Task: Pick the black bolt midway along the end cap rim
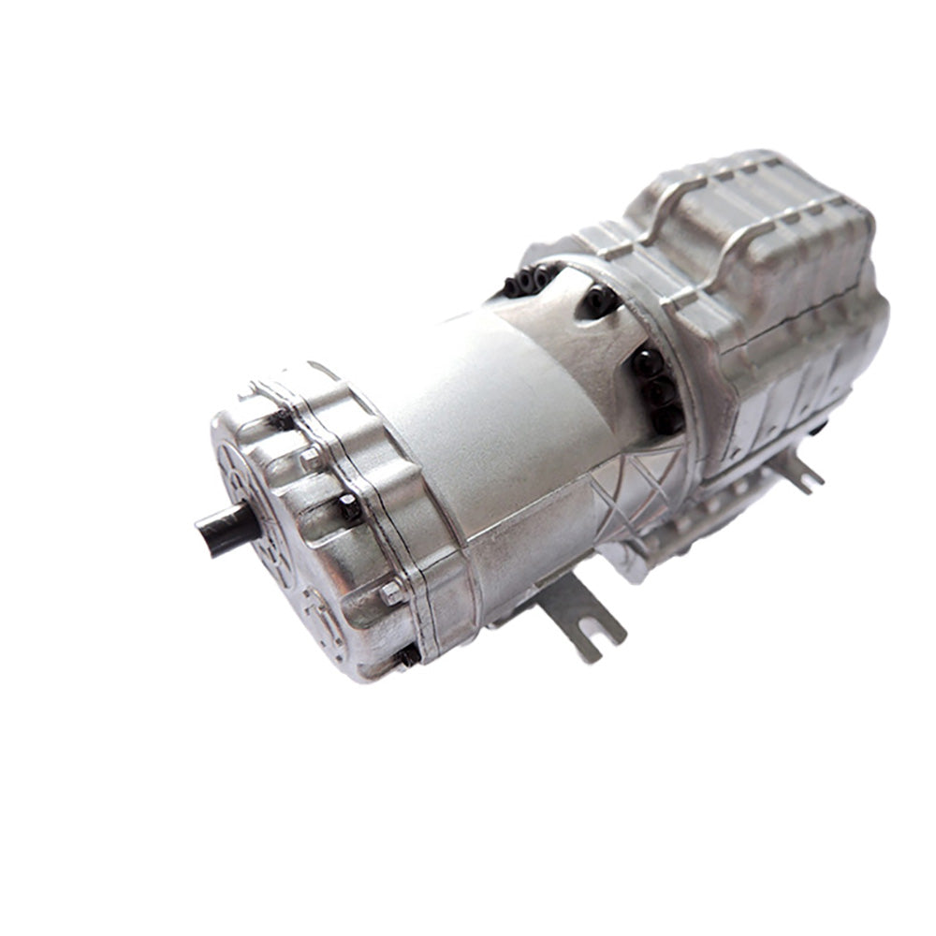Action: coord(348,508)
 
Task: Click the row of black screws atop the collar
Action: coord(529,281)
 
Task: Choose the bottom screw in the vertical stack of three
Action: coord(666,418)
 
